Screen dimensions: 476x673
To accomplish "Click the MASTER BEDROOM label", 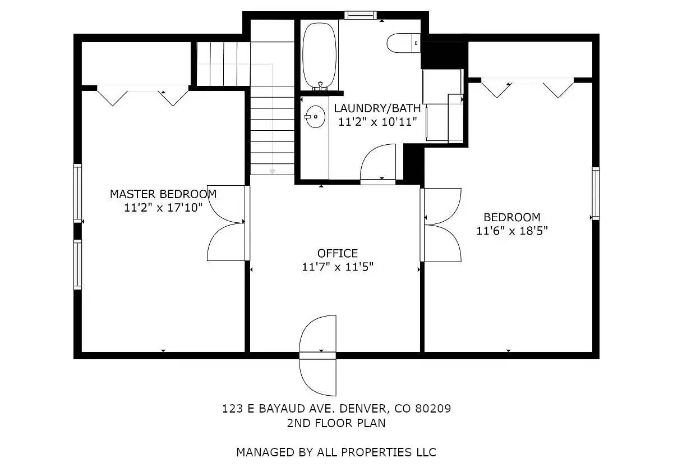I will (x=163, y=194).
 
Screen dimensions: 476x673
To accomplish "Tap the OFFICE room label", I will (x=337, y=254).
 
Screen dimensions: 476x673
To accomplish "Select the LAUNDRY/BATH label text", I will (x=377, y=108).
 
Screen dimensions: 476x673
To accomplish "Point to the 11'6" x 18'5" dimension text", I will (x=511, y=231).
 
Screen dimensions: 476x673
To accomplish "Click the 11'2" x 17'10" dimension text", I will (x=163, y=208).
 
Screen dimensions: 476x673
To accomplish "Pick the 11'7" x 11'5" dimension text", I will (x=337, y=267).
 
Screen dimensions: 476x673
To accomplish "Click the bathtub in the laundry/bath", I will (x=319, y=55).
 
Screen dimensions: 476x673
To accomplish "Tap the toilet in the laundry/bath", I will (x=403, y=43).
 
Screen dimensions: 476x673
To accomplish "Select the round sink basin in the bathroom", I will (x=316, y=117).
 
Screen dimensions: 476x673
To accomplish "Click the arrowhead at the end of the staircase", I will (x=272, y=170).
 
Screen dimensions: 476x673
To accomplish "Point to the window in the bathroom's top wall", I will (x=360, y=15).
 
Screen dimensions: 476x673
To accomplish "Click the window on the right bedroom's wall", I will (x=596, y=194).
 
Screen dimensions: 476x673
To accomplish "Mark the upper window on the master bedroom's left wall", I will (x=77, y=193).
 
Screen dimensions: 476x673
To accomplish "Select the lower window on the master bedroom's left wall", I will (x=77, y=264).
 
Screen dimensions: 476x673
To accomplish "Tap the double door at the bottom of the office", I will (x=318, y=355).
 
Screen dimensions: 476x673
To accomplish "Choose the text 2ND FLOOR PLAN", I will (x=336, y=423).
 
